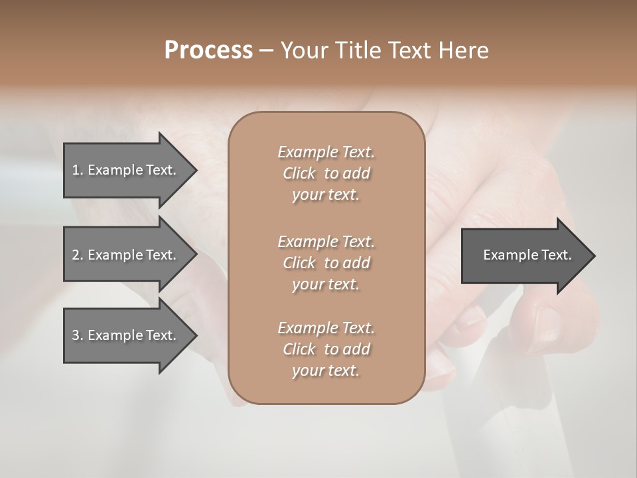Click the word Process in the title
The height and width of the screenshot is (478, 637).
(208, 50)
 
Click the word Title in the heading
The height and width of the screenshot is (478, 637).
(357, 50)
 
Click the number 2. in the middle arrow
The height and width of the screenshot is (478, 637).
(78, 255)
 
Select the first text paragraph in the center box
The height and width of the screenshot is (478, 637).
(326, 173)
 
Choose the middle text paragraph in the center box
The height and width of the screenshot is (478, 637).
(326, 263)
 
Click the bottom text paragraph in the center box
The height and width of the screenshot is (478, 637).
(326, 349)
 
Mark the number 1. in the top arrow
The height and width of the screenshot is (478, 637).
(78, 170)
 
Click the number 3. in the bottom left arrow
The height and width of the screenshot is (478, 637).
(78, 335)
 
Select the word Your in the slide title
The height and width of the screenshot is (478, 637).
(304, 50)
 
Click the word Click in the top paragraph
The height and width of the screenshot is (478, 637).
(299, 174)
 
